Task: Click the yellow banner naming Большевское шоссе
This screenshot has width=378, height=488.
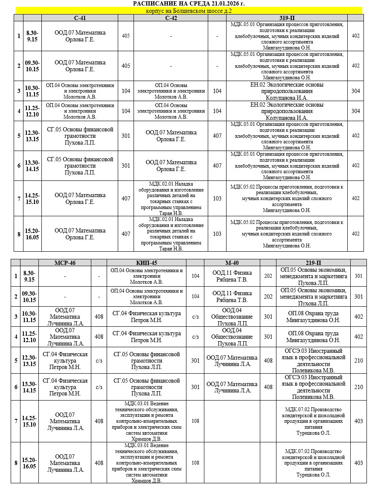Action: pyautogui.click(x=189, y=11)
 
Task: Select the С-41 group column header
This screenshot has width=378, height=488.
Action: pyautogui.click(x=80, y=17)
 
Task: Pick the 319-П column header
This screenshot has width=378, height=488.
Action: pyautogui.click(x=287, y=17)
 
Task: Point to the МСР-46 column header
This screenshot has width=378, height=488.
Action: pyautogui.click(x=65, y=263)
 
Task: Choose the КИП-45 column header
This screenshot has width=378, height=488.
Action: pyautogui.click(x=146, y=263)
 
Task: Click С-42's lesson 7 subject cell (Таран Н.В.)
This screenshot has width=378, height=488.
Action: pyautogui.click(x=171, y=198)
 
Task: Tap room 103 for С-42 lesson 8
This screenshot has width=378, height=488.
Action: pyautogui.click(x=217, y=234)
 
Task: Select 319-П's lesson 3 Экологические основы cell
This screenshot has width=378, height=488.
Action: pyautogui.click(x=287, y=91)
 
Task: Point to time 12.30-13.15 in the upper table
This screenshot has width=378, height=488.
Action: pyautogui.click(x=32, y=136)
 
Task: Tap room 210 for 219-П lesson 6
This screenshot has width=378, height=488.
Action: pyautogui.click(x=359, y=387)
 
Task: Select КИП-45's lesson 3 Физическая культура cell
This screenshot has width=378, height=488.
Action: pyautogui.click(x=146, y=317)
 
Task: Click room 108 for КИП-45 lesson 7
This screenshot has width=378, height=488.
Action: pyautogui.click(x=195, y=421)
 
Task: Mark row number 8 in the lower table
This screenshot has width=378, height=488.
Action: pyautogui.click(x=16, y=463)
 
